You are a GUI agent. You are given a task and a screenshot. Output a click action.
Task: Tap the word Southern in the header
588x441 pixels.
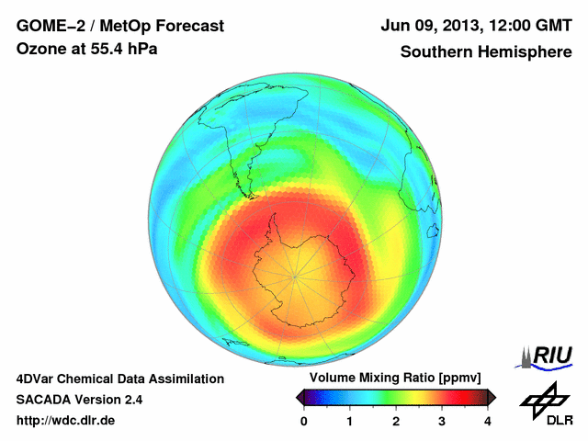(435, 51)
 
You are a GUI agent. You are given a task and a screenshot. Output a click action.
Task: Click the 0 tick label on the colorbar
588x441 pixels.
(304, 421)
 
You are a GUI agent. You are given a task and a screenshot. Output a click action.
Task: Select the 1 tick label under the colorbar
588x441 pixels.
(350, 421)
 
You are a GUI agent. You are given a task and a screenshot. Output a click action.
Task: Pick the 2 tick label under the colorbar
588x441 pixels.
(396, 421)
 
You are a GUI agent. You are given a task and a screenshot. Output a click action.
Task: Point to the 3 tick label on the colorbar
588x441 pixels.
(442, 421)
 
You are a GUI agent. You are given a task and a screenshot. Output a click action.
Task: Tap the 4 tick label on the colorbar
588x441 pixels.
(488, 421)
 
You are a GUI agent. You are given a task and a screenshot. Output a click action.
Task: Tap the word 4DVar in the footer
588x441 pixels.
(38, 379)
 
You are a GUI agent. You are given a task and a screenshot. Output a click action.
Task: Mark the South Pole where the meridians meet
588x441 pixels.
(295, 275)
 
